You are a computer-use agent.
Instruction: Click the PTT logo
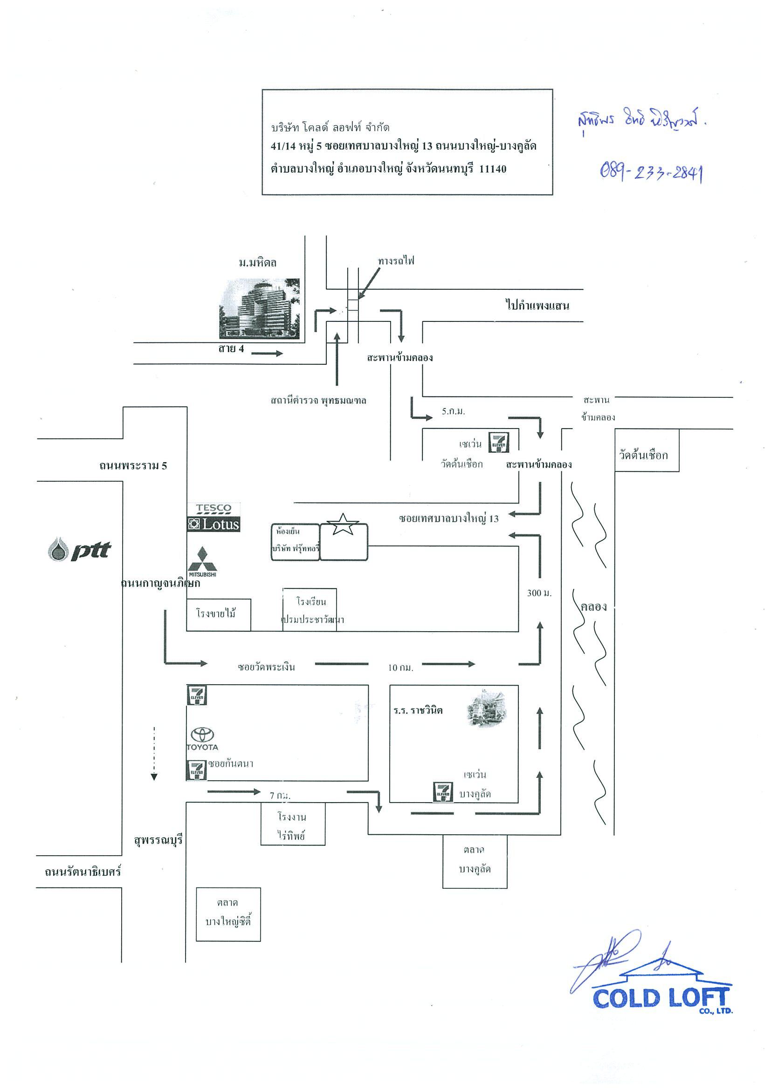[79, 549]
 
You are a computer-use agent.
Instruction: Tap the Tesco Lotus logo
[214, 518]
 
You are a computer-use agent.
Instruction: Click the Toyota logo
[202, 739]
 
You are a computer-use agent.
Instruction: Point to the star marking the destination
[342, 525]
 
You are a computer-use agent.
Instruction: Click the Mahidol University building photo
[259, 308]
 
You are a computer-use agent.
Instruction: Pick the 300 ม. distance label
[539, 593]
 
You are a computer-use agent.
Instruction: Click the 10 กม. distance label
[400, 668]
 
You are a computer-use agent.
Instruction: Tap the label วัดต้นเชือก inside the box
[643, 455]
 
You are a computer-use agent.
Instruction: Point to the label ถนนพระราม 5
[133, 466]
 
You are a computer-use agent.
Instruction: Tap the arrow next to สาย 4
[267, 353]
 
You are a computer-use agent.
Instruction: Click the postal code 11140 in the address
[493, 169]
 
